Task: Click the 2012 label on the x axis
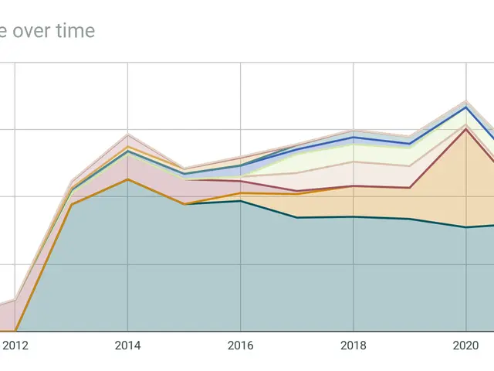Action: (x=15, y=345)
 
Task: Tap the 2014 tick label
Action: (x=127, y=345)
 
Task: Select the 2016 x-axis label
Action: (x=241, y=345)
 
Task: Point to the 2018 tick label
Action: (x=354, y=345)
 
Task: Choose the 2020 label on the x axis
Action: (x=465, y=345)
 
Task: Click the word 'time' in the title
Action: (x=73, y=31)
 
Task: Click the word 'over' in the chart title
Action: (x=30, y=31)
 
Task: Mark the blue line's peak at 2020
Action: (x=465, y=107)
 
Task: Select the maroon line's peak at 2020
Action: (x=465, y=128)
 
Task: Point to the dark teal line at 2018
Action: (x=354, y=216)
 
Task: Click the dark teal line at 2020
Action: (x=465, y=227)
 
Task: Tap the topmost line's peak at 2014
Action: (x=127, y=134)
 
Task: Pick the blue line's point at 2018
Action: (x=354, y=137)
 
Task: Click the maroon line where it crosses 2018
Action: (x=354, y=186)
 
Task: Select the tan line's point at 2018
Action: (x=354, y=162)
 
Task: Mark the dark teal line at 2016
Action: (x=241, y=201)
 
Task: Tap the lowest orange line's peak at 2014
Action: (x=127, y=179)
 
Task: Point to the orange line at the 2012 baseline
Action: (x=15, y=331)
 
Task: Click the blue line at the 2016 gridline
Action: (x=241, y=165)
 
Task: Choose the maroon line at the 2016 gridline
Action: (x=241, y=182)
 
